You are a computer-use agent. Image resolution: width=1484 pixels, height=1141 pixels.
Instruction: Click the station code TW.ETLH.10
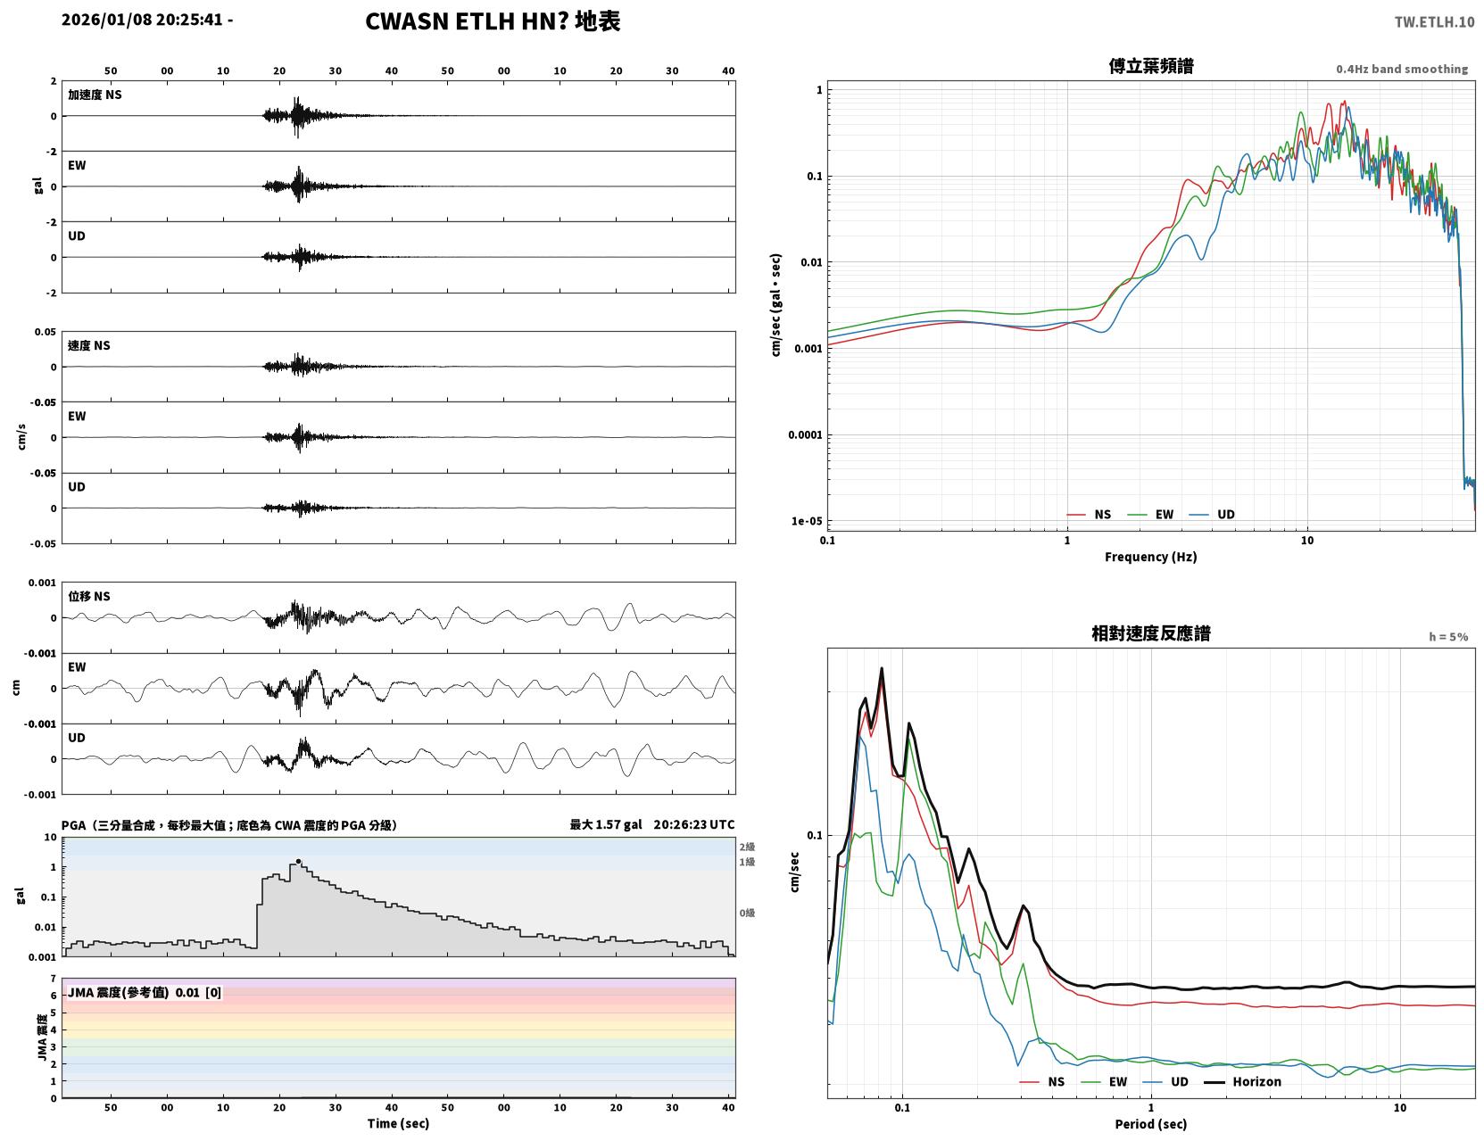click(x=1433, y=21)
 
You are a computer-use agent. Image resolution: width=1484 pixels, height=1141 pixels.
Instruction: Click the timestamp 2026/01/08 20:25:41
click(x=142, y=20)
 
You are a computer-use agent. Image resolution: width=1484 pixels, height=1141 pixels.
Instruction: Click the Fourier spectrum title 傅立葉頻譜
click(x=1150, y=66)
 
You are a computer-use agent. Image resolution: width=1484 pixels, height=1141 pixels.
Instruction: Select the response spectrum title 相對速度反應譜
click(x=1150, y=633)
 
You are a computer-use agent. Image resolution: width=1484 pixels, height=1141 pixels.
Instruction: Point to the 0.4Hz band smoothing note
click(x=1401, y=69)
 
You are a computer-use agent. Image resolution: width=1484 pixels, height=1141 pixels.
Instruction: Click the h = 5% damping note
click(x=1447, y=637)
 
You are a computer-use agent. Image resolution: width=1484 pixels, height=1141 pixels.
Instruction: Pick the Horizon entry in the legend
click(x=1256, y=1081)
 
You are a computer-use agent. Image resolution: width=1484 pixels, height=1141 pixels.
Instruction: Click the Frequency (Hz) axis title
click(x=1150, y=557)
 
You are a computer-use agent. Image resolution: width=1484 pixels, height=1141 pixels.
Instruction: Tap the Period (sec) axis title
click(x=1150, y=1124)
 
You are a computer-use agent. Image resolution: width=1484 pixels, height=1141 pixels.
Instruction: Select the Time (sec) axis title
click(x=398, y=1123)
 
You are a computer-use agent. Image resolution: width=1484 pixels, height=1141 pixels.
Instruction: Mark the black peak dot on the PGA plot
click(x=298, y=861)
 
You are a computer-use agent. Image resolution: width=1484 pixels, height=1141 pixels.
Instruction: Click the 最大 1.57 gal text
click(x=606, y=824)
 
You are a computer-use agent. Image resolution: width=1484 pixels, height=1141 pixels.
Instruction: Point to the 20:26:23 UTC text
click(x=694, y=824)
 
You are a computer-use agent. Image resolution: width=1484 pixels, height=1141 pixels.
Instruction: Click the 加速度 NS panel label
click(x=95, y=95)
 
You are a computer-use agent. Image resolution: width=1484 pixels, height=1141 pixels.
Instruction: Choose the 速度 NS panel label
click(x=88, y=345)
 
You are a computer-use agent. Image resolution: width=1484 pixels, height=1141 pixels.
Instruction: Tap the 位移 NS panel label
click(x=88, y=597)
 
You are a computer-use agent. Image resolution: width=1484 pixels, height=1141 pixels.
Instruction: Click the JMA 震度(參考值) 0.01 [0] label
click(x=144, y=992)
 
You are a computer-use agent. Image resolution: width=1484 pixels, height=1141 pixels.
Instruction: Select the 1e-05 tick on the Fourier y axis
click(x=807, y=521)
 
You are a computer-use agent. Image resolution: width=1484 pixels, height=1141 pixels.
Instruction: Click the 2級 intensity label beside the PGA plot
click(x=747, y=847)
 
